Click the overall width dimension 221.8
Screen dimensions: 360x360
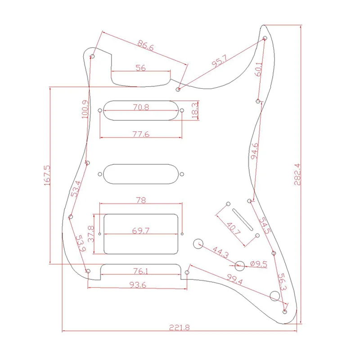(x=180, y=327)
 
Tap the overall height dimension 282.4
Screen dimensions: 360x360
(x=297, y=174)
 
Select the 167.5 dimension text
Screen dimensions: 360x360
(x=47, y=175)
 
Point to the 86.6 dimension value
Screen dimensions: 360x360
(x=145, y=45)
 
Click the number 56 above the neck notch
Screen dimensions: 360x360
(x=140, y=68)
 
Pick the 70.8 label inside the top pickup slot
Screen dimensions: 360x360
(x=141, y=107)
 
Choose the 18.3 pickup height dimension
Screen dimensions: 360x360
(x=195, y=111)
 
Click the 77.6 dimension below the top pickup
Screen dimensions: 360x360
(x=141, y=134)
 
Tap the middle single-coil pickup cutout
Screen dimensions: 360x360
(x=141, y=174)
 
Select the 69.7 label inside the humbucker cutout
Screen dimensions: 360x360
(x=141, y=230)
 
